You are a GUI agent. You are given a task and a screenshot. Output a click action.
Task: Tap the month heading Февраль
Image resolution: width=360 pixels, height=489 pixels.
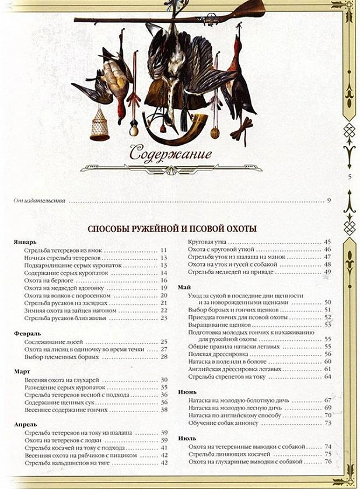(x=27, y=332)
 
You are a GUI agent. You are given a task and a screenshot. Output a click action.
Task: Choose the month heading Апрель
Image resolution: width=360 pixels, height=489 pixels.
(x=26, y=425)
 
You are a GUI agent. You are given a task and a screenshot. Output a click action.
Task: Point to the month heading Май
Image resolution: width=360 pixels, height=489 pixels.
(x=185, y=287)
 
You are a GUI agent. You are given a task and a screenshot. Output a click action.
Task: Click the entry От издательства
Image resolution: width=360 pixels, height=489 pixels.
(x=39, y=201)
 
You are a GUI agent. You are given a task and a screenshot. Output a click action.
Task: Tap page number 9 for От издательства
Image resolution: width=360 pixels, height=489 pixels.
(x=328, y=201)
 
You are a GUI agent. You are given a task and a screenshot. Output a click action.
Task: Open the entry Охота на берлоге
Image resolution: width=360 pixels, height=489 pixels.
(x=47, y=280)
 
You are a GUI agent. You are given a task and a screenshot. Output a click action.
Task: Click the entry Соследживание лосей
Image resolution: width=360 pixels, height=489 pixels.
(x=55, y=341)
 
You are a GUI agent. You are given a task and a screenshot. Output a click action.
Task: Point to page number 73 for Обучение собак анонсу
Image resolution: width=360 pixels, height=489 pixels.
(x=327, y=422)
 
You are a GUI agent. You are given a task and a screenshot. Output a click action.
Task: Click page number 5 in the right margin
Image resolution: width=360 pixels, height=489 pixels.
(x=348, y=179)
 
